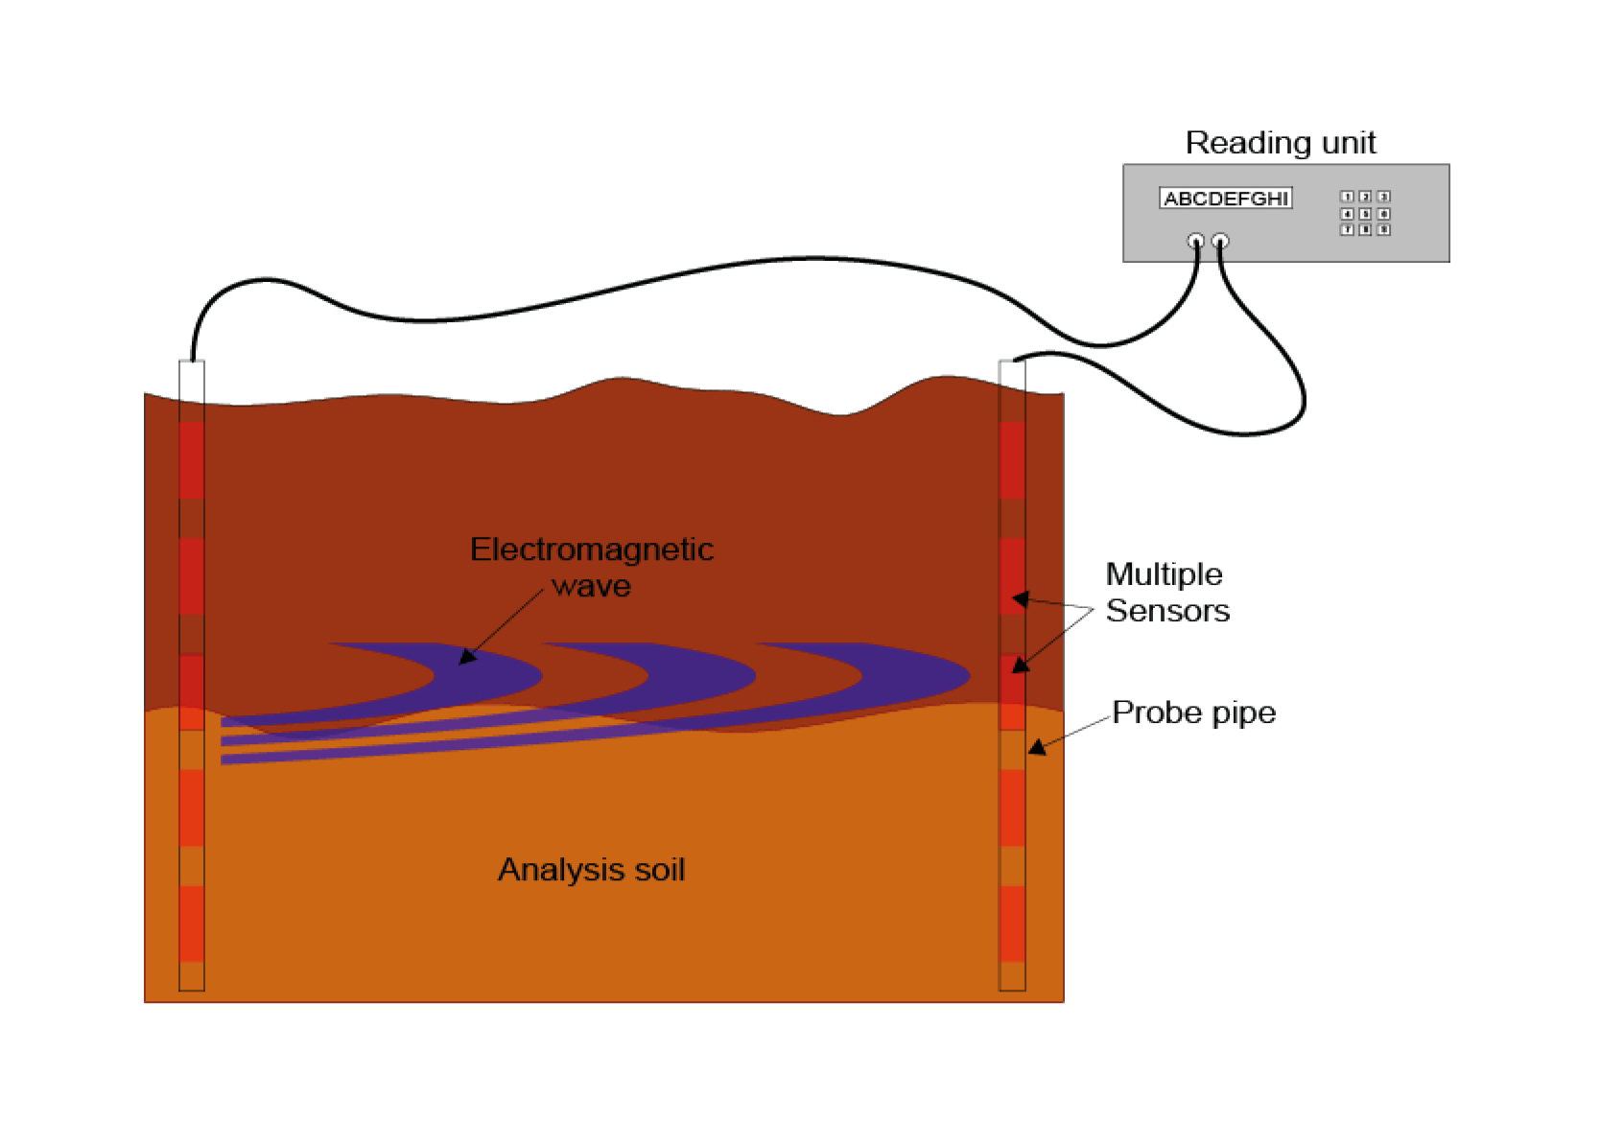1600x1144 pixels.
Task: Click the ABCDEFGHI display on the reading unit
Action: click(x=1225, y=198)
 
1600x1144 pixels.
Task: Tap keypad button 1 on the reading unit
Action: click(x=1347, y=197)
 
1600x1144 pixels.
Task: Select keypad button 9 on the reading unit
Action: click(x=1383, y=230)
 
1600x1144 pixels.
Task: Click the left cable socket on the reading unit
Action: click(x=1195, y=241)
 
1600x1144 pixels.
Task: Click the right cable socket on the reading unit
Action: click(x=1220, y=241)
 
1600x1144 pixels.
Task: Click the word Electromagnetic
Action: click(x=591, y=549)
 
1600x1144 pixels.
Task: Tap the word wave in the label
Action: click(x=591, y=586)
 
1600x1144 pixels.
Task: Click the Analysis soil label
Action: click(x=591, y=870)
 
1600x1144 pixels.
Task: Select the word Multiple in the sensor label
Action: click(x=1164, y=574)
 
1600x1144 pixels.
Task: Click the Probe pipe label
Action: click(x=1193, y=712)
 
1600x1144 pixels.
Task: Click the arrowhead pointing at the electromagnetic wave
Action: click(x=467, y=657)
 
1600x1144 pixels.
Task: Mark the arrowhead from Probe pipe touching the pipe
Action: click(x=1036, y=748)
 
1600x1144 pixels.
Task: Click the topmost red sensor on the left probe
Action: click(x=192, y=460)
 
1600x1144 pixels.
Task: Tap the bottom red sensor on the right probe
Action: click(x=1012, y=923)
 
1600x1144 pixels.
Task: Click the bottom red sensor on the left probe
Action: click(x=192, y=923)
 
